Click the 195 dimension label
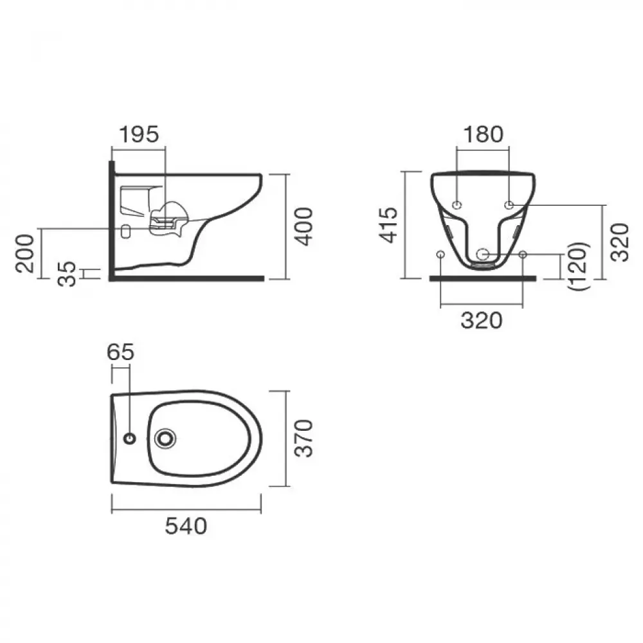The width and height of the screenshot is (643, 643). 139,134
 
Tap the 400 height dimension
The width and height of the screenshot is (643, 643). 304,227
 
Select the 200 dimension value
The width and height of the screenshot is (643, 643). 24,253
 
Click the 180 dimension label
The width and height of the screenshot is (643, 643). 483,134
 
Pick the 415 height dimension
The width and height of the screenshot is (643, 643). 388,225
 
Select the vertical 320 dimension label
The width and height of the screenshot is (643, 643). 620,243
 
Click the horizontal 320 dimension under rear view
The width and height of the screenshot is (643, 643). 482,320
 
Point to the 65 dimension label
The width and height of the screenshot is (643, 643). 121,352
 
